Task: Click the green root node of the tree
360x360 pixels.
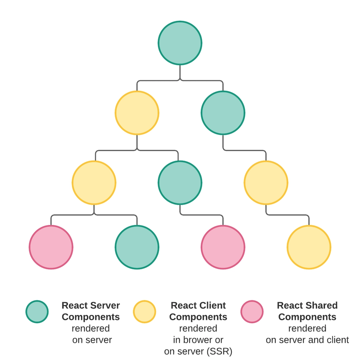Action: pos(180,43)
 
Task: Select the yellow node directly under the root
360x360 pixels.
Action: pos(137,113)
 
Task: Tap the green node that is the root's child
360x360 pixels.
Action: pos(223,113)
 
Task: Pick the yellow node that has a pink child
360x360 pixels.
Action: pos(94,183)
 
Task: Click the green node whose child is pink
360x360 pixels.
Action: pos(180,183)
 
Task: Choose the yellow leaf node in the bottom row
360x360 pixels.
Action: pos(309,247)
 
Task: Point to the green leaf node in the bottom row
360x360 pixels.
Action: pos(137,247)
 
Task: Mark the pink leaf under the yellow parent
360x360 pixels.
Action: pos(51,247)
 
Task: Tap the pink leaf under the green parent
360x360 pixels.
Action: pos(223,247)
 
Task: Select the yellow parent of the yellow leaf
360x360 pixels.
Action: pos(266,183)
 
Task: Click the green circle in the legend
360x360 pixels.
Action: pos(37,312)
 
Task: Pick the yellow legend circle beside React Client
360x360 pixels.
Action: pos(144,312)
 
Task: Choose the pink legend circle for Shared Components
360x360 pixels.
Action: pos(252,312)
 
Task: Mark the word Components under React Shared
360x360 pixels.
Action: pos(307,317)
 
